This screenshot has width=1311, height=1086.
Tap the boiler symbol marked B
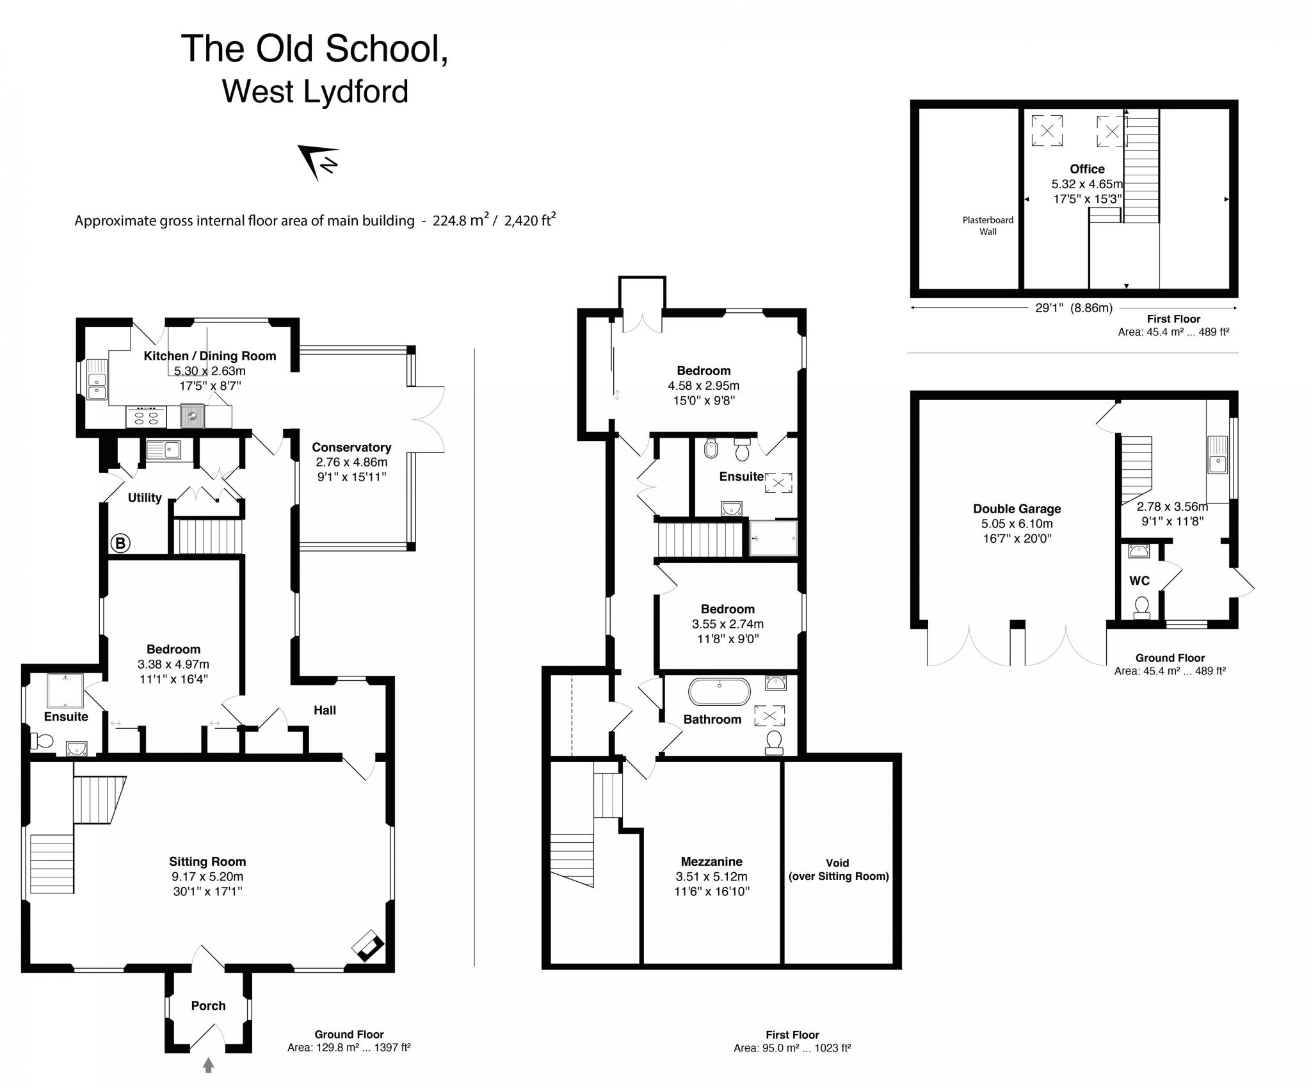pos(120,543)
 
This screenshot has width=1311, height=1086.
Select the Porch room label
pos(208,1005)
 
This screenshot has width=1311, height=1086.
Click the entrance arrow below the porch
pos(208,1065)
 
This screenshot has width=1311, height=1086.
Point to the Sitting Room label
pos(207,861)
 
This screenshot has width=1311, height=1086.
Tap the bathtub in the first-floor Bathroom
pos(720,692)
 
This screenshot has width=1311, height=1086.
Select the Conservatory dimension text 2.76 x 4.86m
pos(351,462)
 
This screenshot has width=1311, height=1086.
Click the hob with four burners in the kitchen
pos(146,417)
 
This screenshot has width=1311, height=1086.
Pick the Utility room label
pos(145,498)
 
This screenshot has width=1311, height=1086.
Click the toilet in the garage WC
pos(1141,607)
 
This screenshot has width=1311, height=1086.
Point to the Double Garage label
pos(1017,509)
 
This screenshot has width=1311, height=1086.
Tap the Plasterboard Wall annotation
pos(988,226)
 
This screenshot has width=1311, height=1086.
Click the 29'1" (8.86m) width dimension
pos(1074,308)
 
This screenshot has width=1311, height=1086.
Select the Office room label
pos(1087,169)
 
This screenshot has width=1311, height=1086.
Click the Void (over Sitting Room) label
pos(838,870)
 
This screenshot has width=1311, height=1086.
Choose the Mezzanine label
pos(711,861)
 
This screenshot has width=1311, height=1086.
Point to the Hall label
pos(325,710)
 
